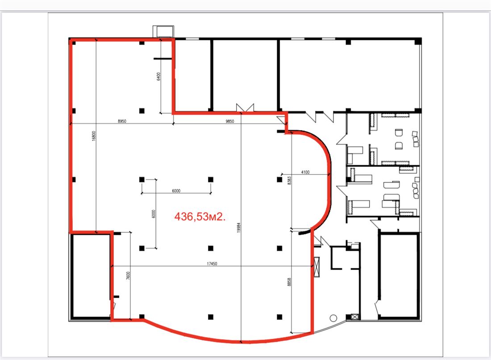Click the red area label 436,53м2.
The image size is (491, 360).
200,216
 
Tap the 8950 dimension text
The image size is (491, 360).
122,121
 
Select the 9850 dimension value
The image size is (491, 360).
229,121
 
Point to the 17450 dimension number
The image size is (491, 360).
212,264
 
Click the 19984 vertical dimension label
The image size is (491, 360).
239,227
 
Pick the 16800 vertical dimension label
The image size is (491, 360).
94,136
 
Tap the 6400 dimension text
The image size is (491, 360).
158,76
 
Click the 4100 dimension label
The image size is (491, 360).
305,172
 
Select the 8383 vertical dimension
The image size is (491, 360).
289,180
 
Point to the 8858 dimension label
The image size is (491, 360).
289,282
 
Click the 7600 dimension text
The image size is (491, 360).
128,276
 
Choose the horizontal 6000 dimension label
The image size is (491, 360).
176,191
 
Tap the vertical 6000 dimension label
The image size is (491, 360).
154,214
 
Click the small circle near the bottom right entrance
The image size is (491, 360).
333,319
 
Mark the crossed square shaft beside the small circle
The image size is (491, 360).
354,317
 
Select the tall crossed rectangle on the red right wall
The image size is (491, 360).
317,267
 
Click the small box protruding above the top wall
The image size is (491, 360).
163,32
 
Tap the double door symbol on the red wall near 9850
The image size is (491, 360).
245,108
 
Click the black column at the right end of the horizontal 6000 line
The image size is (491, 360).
211,179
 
